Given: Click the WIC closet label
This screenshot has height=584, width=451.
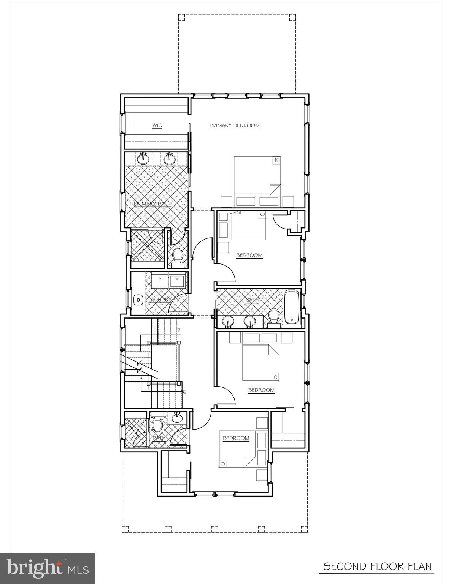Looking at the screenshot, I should [x=157, y=125].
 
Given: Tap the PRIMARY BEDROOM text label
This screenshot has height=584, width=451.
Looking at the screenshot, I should [x=234, y=125].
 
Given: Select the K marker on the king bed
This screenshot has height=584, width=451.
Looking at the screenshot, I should [x=276, y=160].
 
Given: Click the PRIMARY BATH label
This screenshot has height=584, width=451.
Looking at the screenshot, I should [x=152, y=204].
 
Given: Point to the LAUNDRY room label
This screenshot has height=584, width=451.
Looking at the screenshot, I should [x=160, y=300].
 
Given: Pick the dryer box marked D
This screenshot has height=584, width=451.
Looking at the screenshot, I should [x=159, y=279].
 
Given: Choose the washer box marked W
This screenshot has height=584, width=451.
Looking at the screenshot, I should [x=176, y=279].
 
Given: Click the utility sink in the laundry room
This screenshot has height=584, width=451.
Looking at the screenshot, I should [x=138, y=300].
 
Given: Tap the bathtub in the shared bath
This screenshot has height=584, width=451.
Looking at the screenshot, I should [x=292, y=307].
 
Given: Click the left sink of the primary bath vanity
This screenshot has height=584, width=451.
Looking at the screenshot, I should [x=143, y=159].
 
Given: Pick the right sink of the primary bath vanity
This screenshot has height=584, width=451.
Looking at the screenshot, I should [x=169, y=159].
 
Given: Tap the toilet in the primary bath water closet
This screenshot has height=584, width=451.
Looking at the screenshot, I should [x=177, y=256].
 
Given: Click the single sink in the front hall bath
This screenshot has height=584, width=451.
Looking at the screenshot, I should [x=177, y=418].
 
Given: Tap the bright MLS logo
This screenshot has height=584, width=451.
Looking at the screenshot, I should [x=48, y=568].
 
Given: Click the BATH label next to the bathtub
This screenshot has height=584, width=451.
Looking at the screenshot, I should [x=252, y=300].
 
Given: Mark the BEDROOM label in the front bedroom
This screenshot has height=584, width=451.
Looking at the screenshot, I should [x=236, y=438].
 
